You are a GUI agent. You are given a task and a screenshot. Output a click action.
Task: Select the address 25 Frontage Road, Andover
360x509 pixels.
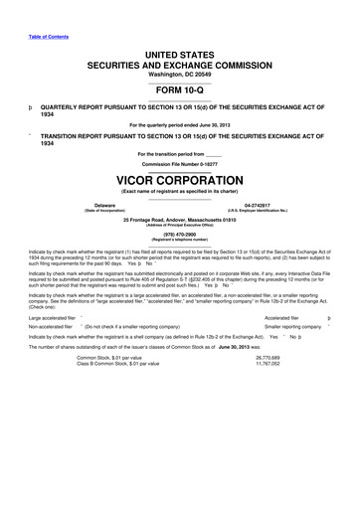179,219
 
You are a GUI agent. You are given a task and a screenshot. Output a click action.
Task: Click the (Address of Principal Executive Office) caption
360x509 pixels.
179,225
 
